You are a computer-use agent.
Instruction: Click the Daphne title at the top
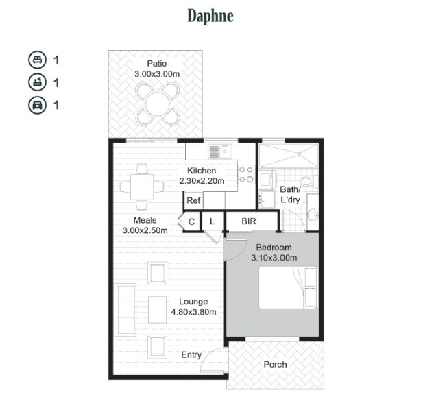[210, 16]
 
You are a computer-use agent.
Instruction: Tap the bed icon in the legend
[37, 60]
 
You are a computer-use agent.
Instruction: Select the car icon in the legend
[37, 105]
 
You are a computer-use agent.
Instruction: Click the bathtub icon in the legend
[37, 82]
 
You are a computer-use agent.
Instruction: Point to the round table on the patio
[158, 104]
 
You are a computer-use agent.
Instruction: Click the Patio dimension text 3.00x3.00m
[157, 74]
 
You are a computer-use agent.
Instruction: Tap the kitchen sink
[220, 152]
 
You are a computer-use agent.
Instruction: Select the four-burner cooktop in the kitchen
[246, 174]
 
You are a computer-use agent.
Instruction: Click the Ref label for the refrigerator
[193, 200]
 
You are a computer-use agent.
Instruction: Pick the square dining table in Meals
[142, 187]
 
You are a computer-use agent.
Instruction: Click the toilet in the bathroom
[309, 182]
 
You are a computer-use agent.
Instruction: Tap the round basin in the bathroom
[313, 215]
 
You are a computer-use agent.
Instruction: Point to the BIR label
[248, 221]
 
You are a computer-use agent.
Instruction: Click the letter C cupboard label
[191, 222]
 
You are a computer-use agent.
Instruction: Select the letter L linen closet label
[212, 221]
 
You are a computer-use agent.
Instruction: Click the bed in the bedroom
[287, 288]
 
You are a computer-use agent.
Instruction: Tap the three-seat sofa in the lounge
[126, 309]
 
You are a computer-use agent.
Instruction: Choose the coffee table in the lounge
[157, 309]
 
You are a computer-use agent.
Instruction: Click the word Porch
[275, 365]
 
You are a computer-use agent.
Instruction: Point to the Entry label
[191, 355]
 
